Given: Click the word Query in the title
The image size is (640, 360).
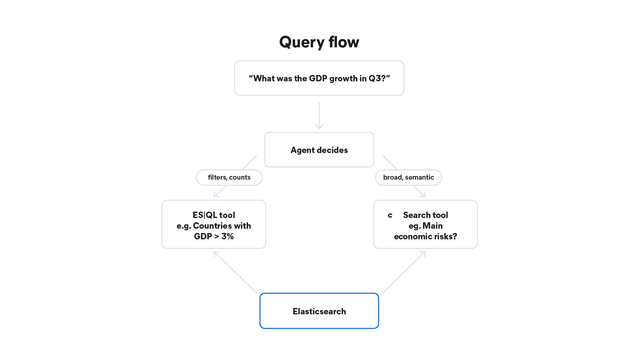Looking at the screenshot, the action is coord(302,42).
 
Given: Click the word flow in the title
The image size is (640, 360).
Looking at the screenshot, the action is coord(344,42).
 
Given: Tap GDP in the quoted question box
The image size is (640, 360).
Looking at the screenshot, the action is coord(318,78).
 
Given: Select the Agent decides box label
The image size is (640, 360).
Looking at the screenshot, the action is coord(319,150).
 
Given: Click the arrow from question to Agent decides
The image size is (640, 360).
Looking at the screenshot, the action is coord(319,115).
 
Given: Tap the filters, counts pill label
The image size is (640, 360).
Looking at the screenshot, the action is coord(229,177).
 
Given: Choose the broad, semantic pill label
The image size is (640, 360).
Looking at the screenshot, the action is coord(408,177).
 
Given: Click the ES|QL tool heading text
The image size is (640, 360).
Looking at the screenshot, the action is coord(214,215).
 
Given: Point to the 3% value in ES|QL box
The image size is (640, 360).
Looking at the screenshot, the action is coord(228,236).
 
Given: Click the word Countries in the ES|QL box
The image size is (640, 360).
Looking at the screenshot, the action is coord(212,226).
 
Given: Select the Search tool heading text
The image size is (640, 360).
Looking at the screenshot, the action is coord(425,215).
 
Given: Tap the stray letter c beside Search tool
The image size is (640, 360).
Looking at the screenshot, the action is coord(390,215).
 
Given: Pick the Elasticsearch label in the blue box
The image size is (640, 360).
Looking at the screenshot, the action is coord(319,311).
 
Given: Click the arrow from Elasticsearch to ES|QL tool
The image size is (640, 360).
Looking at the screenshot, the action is coord(235,272).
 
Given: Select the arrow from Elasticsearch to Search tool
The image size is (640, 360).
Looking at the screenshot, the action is coord(404,272).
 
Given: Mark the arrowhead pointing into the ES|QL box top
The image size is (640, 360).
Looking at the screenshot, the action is coord(217,194).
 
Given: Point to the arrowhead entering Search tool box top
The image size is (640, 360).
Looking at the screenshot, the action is coord(423,194).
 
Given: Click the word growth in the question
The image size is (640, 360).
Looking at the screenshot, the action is coord(343,79).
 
